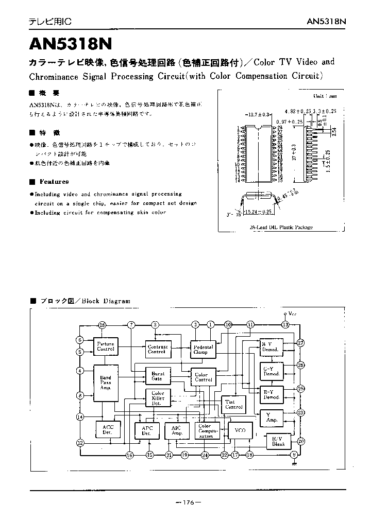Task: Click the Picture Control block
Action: [x=106, y=346]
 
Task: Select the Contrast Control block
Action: [x=157, y=349]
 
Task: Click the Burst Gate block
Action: [x=157, y=376]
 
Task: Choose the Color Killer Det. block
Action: [x=157, y=398]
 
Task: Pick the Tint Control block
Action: [x=233, y=404]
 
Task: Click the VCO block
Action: [x=240, y=430]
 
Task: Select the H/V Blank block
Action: [x=278, y=441]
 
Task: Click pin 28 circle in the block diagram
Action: [x=103, y=325]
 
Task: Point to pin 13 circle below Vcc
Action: [x=285, y=325]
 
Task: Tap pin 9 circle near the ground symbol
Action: [x=294, y=455]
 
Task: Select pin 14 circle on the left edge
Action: [x=80, y=416]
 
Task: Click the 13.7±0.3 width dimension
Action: [x=258, y=114]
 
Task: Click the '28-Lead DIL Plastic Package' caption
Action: [x=281, y=227]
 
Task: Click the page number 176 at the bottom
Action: [x=188, y=502]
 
